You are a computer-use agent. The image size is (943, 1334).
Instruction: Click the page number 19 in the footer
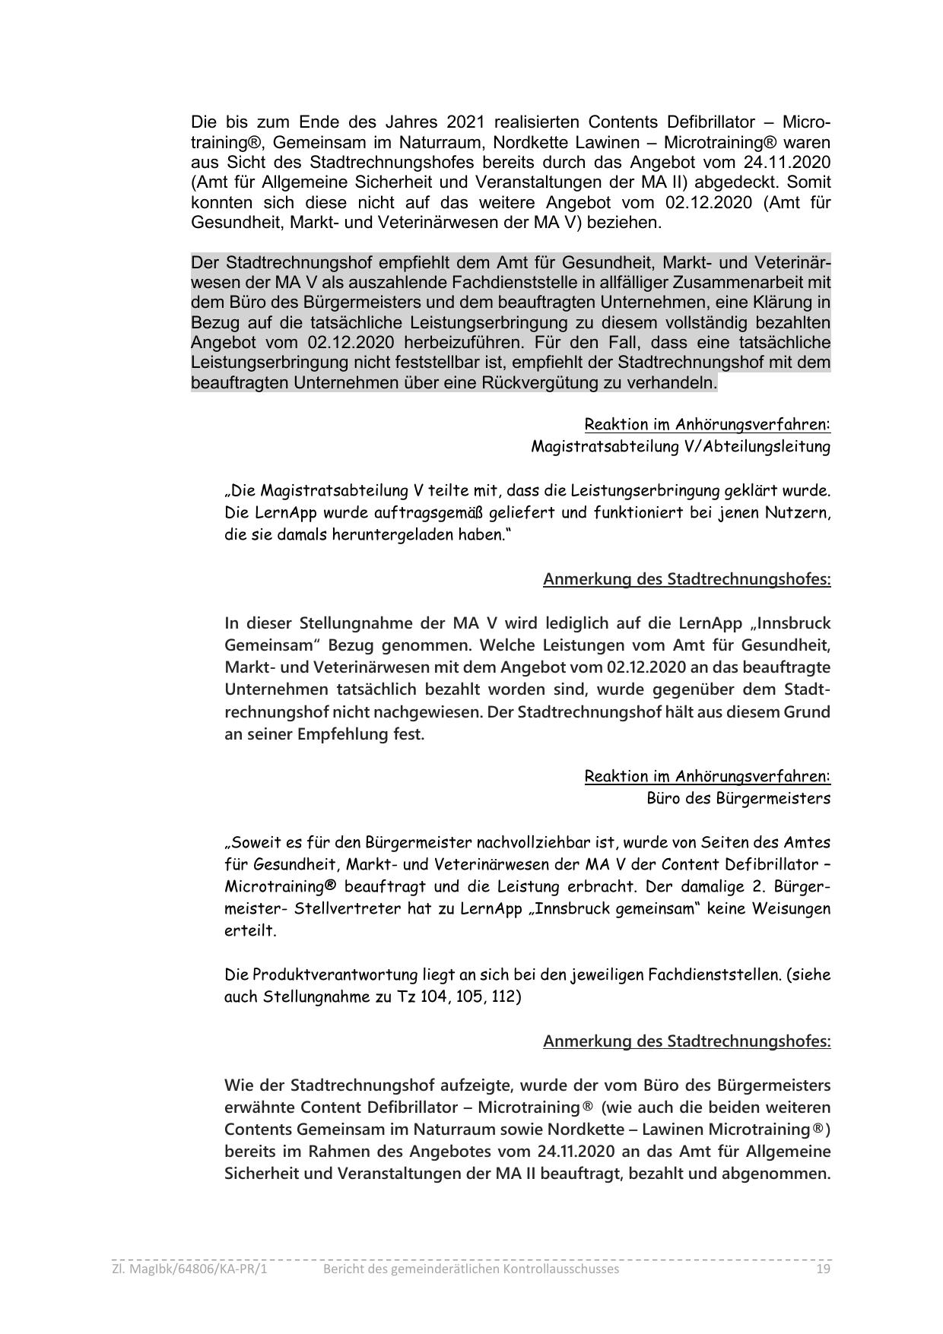click(822, 1269)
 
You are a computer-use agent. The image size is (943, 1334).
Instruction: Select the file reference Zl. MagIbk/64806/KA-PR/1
click(189, 1269)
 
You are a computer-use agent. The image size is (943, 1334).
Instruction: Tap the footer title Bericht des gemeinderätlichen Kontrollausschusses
click(471, 1269)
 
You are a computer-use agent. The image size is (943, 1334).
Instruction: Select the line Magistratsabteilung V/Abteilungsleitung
click(680, 446)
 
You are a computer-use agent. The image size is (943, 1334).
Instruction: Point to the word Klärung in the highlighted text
click(783, 303)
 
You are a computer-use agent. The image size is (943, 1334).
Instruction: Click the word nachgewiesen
click(433, 712)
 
